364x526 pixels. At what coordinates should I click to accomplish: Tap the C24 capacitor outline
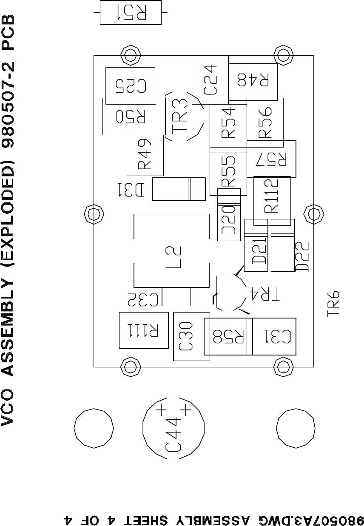coord(210,80)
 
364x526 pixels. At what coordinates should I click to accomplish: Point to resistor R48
coord(253,81)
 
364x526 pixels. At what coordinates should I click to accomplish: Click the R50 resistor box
coord(134,117)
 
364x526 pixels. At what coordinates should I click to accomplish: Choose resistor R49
coord(145,156)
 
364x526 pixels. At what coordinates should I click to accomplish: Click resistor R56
coord(265,122)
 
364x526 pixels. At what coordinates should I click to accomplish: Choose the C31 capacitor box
coord(275,336)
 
